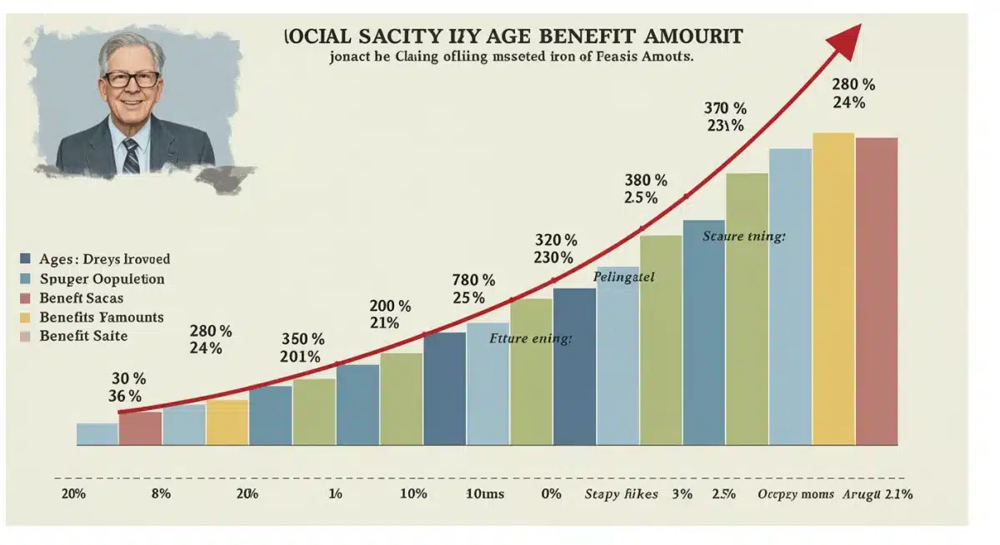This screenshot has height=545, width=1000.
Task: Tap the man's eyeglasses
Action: [x=131, y=80]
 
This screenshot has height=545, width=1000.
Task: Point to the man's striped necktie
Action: [x=131, y=155]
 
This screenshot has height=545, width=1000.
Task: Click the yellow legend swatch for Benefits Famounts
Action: [x=23, y=317]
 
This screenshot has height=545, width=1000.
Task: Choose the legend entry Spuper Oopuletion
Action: [x=102, y=279]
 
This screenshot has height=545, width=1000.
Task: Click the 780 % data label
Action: [x=473, y=280]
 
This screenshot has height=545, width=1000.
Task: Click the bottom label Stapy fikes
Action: [x=621, y=494]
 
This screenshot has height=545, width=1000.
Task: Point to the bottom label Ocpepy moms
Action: [x=790, y=494]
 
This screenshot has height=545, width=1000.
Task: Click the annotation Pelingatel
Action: [x=623, y=277]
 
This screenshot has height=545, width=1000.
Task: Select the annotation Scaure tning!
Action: [x=743, y=237]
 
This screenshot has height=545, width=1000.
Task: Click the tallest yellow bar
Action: [x=833, y=287]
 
